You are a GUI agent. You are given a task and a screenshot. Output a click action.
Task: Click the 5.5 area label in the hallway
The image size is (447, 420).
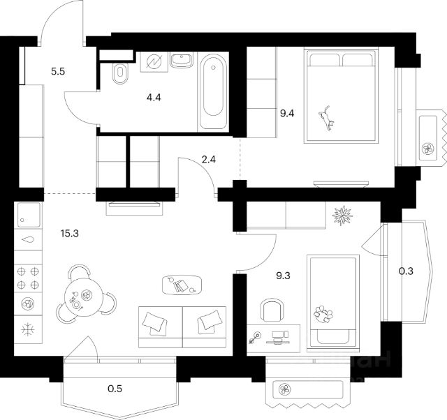point(59,70)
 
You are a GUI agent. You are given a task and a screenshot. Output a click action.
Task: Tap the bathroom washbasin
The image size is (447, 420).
point(182,62)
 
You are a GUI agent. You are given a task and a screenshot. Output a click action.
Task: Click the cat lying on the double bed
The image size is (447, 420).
point(327,119)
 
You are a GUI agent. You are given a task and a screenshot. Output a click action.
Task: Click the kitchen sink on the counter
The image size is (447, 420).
point(28,239)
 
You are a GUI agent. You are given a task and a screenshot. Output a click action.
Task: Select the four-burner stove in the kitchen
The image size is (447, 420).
point(28,277)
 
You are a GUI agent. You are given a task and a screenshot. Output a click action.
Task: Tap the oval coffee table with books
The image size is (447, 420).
point(181,285)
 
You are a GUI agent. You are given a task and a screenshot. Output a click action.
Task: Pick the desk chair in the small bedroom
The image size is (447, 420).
point(271,310)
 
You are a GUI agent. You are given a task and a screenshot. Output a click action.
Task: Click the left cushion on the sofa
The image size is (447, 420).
point(154,322)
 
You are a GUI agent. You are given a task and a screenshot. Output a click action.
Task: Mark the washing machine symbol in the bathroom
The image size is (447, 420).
point(153,62)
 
